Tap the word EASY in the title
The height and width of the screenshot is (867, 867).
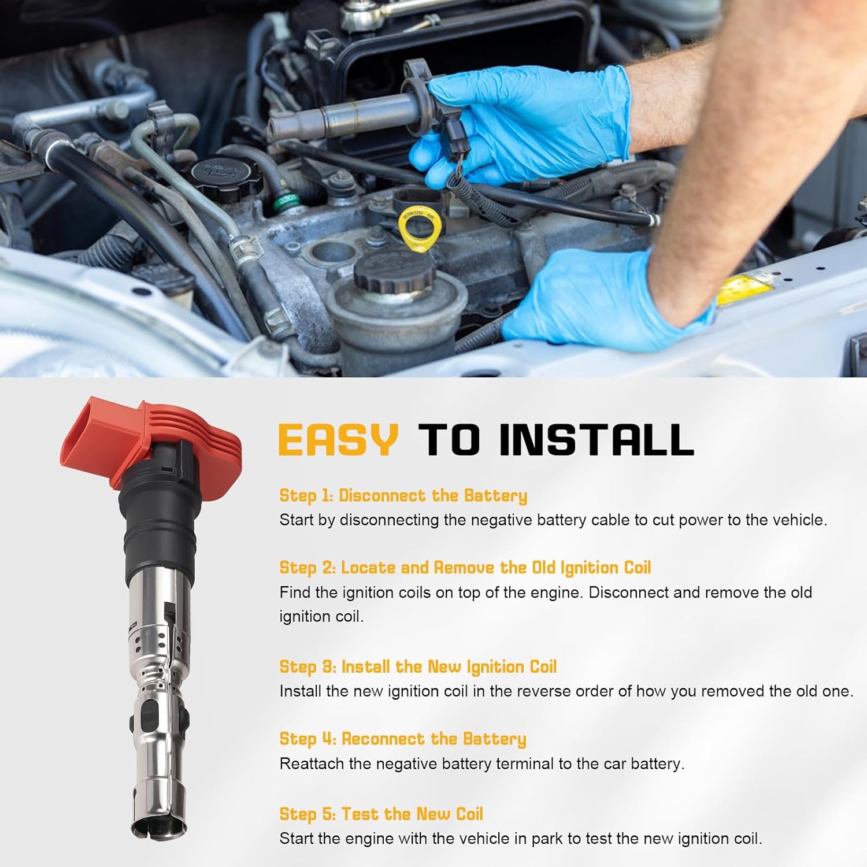338,440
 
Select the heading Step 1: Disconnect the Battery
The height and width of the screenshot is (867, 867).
403,495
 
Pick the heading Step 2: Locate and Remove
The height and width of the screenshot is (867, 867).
465,568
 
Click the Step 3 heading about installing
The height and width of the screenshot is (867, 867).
417,666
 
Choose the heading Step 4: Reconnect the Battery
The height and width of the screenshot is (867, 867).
402,739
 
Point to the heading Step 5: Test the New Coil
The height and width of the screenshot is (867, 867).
381,814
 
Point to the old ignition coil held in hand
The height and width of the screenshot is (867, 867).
347,116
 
